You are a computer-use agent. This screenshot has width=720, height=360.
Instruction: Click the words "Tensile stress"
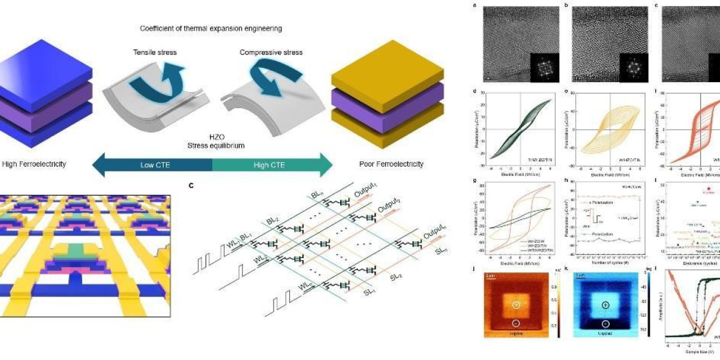pos(155,52)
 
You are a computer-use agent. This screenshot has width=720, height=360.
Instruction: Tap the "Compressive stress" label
pos(271,52)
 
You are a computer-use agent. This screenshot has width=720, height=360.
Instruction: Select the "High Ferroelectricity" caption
pos(34,164)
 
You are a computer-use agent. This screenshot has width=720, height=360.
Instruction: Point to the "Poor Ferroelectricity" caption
pos(391,164)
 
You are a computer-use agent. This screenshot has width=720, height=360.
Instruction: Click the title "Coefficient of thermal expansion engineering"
pos(211,28)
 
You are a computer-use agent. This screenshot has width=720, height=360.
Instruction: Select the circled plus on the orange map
pos(516,305)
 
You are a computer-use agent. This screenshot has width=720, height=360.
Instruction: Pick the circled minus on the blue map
pos(605,324)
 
